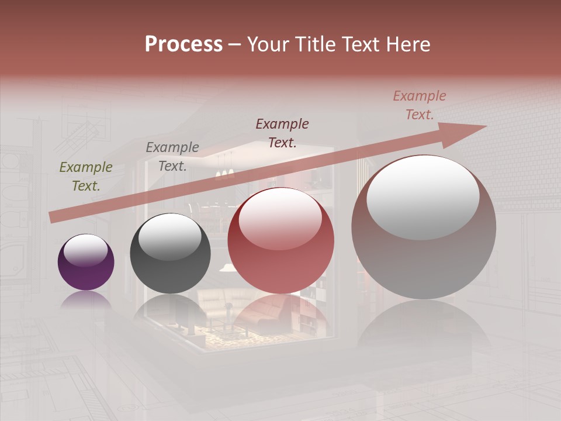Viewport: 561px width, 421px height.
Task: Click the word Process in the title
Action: click(183, 44)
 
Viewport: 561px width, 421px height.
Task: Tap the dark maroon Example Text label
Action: click(282, 133)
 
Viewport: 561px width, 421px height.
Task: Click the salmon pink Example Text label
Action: click(420, 105)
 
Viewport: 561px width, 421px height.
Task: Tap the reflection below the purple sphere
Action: click(86, 300)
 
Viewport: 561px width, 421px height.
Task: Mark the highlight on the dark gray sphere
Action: click(169, 237)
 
